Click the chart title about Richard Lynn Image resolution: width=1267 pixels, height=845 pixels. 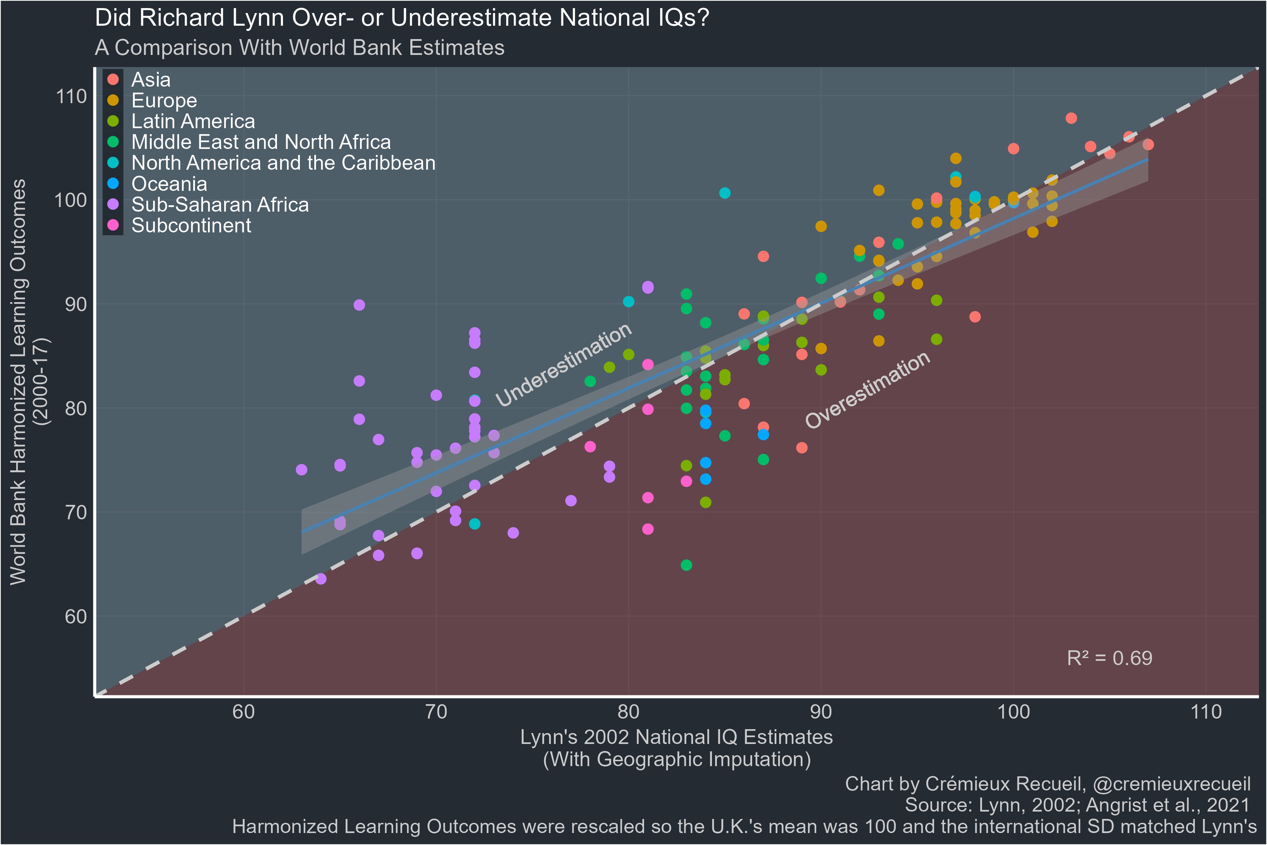click(x=402, y=18)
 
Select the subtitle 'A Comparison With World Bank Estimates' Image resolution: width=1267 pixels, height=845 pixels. click(x=300, y=48)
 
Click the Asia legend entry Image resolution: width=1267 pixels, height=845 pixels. click(x=151, y=80)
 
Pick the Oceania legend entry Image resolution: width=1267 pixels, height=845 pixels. click(x=169, y=184)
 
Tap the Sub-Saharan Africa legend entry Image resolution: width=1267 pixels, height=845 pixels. click(x=220, y=205)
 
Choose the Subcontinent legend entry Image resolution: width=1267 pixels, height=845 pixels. click(x=191, y=225)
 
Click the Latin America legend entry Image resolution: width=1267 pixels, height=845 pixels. click(x=193, y=121)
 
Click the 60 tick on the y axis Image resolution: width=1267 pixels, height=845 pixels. click(x=75, y=616)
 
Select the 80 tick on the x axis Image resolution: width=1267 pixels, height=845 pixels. click(x=628, y=712)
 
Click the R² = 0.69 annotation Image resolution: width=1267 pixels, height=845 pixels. click(x=1109, y=658)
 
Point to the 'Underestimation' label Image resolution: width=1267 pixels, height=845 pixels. click(x=563, y=365)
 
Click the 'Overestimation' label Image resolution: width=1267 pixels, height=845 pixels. click(x=867, y=390)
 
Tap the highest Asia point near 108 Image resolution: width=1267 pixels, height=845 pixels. click(x=1071, y=118)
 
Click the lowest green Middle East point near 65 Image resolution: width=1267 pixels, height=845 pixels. click(x=686, y=565)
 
